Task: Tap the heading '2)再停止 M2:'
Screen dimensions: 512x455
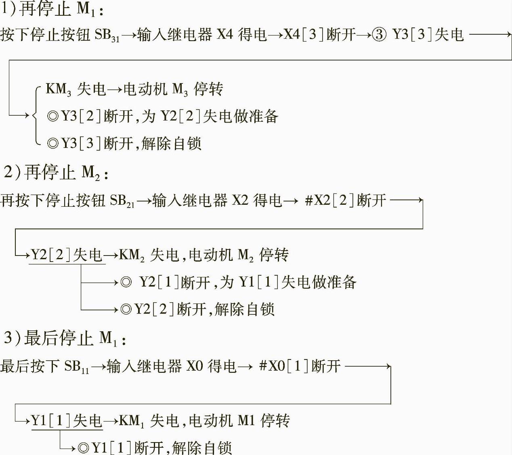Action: coord(56,172)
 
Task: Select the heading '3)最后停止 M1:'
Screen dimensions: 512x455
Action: coord(65,339)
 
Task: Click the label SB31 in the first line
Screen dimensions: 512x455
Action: coord(107,35)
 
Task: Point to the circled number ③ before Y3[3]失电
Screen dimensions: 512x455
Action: coord(379,35)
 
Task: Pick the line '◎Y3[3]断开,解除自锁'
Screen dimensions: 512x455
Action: coord(124,143)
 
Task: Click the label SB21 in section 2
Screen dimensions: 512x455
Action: coord(122,201)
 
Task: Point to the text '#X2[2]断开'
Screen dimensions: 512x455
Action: coord(346,200)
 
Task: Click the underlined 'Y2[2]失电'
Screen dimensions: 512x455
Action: coord(67,255)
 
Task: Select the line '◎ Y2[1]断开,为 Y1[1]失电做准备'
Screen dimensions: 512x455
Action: coord(239,282)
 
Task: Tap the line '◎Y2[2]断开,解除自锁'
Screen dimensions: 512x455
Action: coord(197,310)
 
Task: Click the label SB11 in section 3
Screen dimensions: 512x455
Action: coord(76,366)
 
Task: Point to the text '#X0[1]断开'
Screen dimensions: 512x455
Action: coord(300,366)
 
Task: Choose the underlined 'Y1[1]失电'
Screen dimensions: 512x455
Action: coord(67,421)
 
